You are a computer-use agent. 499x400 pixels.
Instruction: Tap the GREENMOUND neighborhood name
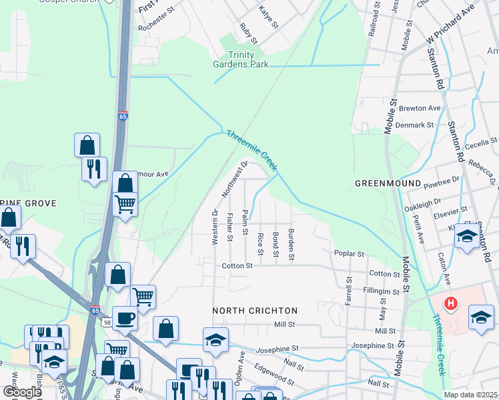388,183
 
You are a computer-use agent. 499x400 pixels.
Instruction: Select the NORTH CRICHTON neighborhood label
255,311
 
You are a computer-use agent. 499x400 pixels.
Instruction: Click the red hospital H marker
452,304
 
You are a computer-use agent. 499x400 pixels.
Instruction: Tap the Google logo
21,391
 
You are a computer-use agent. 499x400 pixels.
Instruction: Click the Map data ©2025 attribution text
470,395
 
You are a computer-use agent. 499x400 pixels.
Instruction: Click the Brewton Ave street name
420,108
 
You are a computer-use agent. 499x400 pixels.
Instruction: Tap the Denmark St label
416,125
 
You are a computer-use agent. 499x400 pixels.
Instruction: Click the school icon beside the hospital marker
481,316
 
